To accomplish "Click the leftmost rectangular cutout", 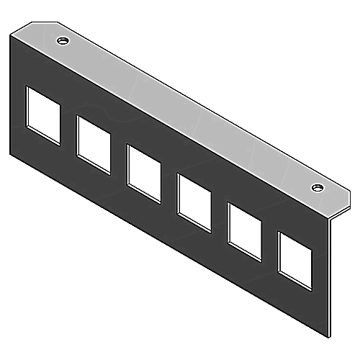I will (43, 116).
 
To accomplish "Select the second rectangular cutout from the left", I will (94, 145).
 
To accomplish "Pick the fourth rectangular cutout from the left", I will (194, 199).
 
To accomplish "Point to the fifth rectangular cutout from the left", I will (245, 230).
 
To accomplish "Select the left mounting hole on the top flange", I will (63, 40).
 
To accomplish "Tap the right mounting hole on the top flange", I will (317, 188).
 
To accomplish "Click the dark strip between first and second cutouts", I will (68, 133).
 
